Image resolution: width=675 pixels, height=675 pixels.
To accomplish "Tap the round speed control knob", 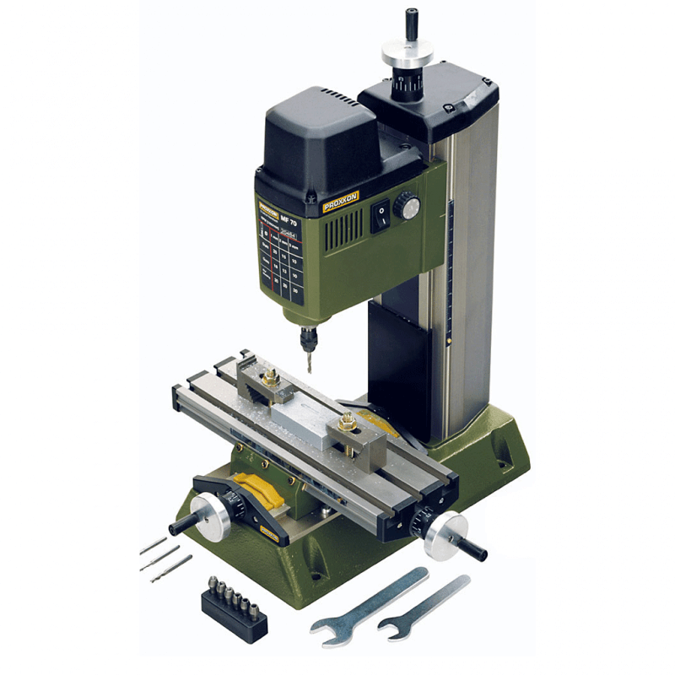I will pyautogui.click(x=408, y=205).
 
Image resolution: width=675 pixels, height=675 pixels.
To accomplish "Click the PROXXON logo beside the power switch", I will pyautogui.click(x=341, y=202).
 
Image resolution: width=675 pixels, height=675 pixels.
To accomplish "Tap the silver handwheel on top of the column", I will pyautogui.click(x=407, y=54).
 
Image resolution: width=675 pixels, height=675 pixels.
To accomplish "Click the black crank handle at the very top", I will pyautogui.click(x=412, y=22).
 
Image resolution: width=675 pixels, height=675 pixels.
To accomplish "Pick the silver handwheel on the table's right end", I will pyautogui.click(x=444, y=534).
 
